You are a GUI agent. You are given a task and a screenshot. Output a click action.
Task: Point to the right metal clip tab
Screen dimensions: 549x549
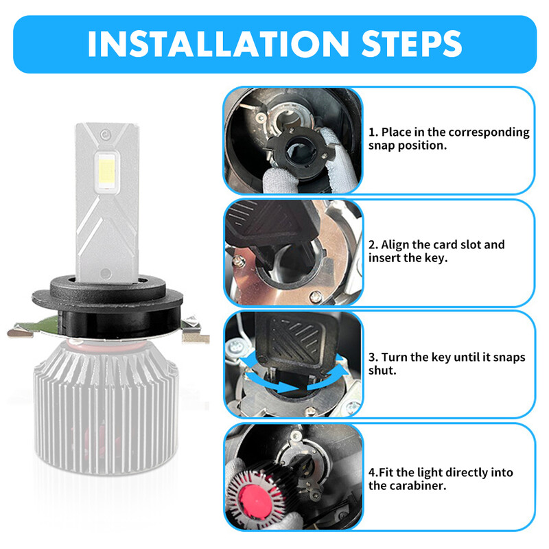(x=196, y=336)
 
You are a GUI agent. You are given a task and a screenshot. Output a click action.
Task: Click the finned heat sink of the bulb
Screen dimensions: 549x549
(x=110, y=412)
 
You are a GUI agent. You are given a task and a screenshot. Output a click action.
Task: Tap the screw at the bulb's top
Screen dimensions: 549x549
(x=104, y=132)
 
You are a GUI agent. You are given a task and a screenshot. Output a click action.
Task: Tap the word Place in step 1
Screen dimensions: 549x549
(x=397, y=132)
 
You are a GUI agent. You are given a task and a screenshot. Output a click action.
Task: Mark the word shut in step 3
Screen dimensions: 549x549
(x=382, y=370)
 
